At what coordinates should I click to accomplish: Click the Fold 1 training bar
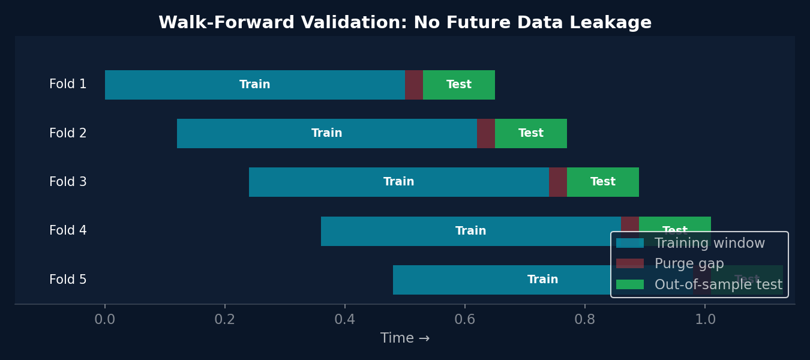tap(255, 85)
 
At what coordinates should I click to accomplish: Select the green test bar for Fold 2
tap(531, 133)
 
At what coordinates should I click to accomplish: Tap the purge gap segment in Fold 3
tap(558, 182)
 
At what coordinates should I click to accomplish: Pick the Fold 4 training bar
tap(471, 231)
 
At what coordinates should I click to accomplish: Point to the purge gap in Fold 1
tap(414, 85)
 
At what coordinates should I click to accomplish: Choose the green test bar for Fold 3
tap(603, 182)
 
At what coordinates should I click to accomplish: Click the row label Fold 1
tap(68, 85)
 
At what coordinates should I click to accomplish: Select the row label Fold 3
tap(68, 182)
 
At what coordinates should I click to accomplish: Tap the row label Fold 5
tap(68, 280)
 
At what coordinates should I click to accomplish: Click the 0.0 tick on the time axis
tap(105, 320)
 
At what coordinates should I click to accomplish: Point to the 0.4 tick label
tap(345, 320)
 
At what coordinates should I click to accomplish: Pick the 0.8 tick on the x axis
tap(585, 320)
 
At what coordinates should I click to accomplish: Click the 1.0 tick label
tap(705, 320)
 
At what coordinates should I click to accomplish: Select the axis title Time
tap(405, 338)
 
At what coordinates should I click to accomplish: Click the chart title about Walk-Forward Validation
tap(405, 23)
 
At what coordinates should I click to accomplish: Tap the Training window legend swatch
tap(630, 243)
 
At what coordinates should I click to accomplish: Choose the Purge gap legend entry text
tap(689, 264)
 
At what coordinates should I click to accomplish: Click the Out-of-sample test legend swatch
tap(630, 284)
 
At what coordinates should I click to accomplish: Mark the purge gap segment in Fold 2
tap(486, 133)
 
